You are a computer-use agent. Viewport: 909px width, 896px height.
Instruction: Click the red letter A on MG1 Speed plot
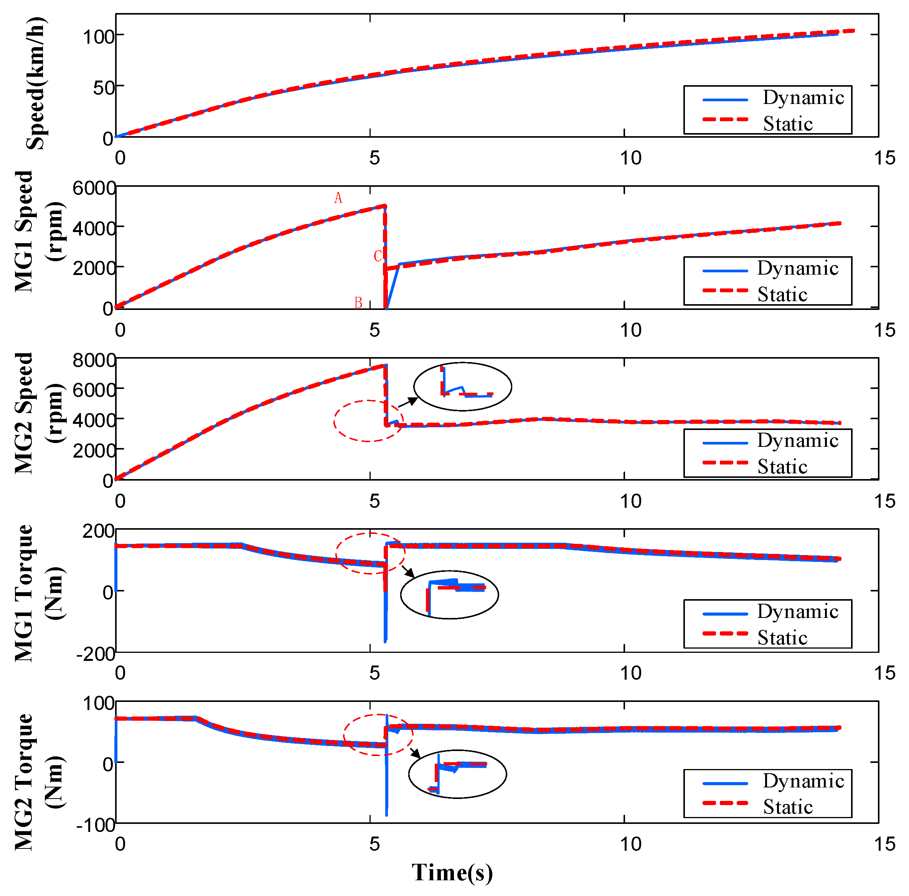(338, 198)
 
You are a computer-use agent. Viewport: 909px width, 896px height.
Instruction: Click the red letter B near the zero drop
(358, 302)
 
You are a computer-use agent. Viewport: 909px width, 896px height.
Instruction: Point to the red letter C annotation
(377, 256)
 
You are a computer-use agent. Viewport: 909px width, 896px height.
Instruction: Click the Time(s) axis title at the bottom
(452, 873)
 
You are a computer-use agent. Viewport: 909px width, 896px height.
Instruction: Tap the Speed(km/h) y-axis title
(35, 83)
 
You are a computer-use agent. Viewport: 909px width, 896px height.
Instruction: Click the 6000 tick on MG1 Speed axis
(94, 188)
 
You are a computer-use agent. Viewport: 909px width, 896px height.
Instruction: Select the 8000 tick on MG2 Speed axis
(94, 360)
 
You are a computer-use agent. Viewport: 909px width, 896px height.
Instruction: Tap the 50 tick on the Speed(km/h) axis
(104, 88)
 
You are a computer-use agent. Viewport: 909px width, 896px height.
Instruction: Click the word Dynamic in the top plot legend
(803, 98)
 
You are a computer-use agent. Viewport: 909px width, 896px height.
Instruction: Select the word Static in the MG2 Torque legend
(788, 807)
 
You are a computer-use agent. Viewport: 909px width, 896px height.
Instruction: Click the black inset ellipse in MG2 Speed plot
(462, 387)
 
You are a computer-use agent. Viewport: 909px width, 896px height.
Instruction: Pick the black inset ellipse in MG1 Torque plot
(449, 595)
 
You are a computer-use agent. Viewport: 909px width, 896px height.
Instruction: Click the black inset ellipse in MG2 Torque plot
(457, 774)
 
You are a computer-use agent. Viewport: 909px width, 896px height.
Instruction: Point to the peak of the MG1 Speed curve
(384, 206)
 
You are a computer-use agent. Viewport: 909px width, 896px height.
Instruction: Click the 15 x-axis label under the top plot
(884, 158)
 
